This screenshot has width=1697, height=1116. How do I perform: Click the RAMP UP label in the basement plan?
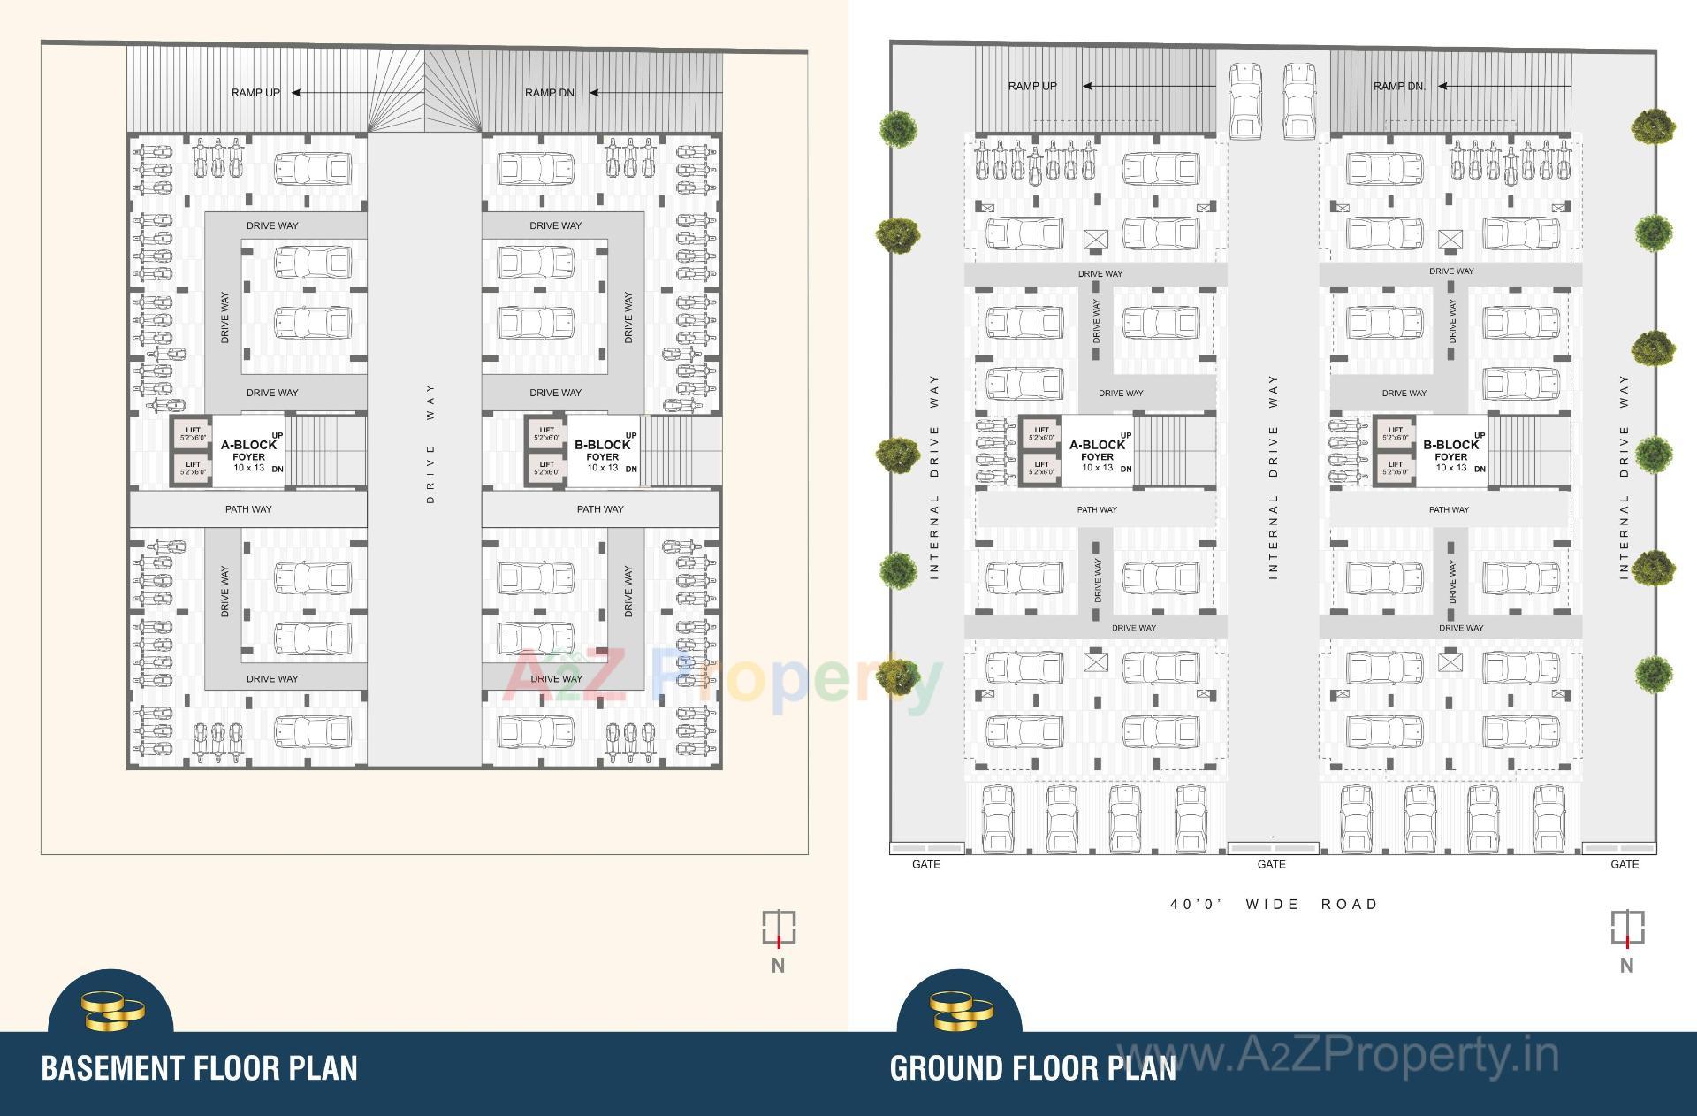pos(255,93)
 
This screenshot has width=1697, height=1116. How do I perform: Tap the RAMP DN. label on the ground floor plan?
pos(1399,87)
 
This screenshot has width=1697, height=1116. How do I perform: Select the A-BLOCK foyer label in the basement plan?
pos(248,451)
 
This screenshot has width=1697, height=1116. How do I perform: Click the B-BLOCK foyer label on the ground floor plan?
pos(1450,451)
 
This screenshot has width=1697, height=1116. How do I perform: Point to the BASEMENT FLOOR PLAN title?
pos(200,1068)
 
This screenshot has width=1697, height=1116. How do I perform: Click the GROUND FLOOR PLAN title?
pos(1033,1068)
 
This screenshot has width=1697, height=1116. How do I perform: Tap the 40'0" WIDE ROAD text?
pos(1274,905)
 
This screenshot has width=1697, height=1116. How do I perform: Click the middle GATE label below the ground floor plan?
pos(1271,865)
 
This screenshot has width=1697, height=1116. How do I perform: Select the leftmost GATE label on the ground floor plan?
pos(925,865)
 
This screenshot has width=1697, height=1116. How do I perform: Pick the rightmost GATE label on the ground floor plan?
pos(1625,865)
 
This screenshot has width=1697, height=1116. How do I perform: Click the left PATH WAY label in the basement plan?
pos(248,509)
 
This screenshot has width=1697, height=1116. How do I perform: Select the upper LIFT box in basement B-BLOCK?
pos(546,433)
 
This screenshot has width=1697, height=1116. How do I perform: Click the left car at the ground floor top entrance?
pos(1244,100)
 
